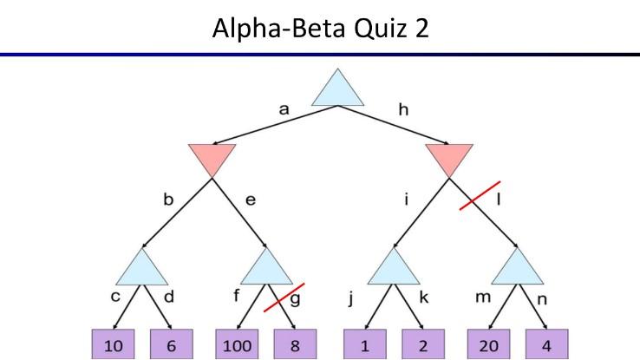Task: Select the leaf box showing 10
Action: coord(113,344)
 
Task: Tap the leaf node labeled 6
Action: coord(172,344)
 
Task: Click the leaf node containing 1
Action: coord(364,344)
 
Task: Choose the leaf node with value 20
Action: coord(489,344)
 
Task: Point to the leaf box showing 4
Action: coord(548,344)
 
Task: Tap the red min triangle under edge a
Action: coord(212,159)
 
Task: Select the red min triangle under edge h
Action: coord(449,159)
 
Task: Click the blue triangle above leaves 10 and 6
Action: coord(142,269)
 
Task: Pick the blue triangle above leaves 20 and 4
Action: coord(518,269)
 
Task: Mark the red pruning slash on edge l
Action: coord(480,195)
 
